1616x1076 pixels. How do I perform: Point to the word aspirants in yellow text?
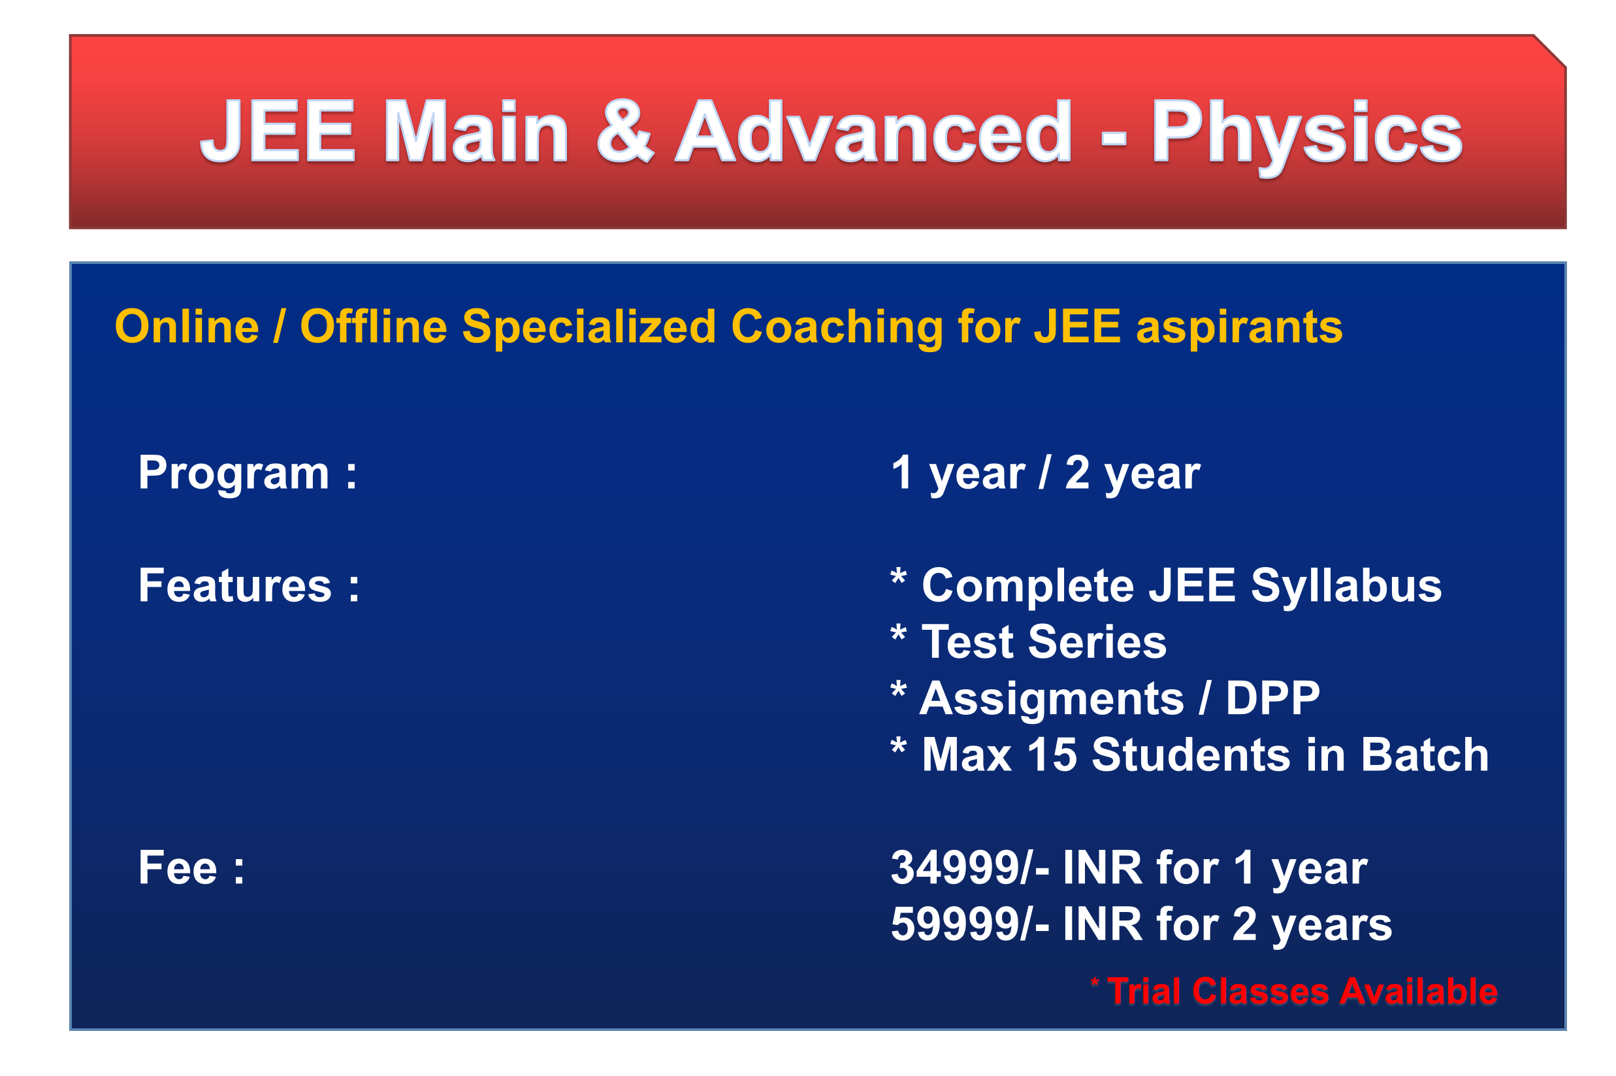pyautogui.click(x=1238, y=328)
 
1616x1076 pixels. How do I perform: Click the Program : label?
pyautogui.click(x=247, y=474)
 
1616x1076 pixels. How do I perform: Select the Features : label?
pyautogui.click(x=248, y=586)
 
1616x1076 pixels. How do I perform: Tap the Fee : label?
pyautogui.click(x=191, y=868)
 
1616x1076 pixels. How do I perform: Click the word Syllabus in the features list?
pyautogui.click(x=1346, y=587)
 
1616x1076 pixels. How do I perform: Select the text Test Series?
pyautogui.click(x=1043, y=643)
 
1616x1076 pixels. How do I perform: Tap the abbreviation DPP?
pyautogui.click(x=1272, y=698)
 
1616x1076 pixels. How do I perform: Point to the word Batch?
pyautogui.click(x=1424, y=755)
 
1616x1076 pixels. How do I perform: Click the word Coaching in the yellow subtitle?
pyautogui.click(x=836, y=328)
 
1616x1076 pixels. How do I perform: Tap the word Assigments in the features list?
pyautogui.click(x=1052, y=700)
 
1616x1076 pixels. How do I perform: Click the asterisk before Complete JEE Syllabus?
pyautogui.click(x=899, y=576)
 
